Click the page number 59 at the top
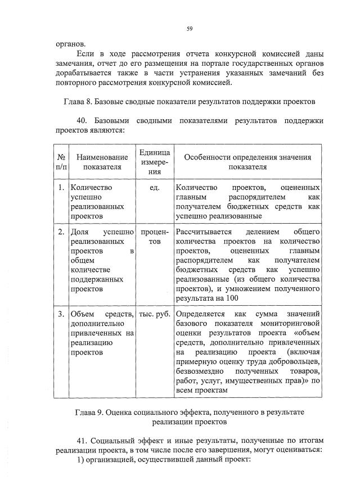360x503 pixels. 190,28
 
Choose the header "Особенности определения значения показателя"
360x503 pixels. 247,162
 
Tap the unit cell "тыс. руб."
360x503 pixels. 154,313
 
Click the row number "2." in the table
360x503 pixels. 61,232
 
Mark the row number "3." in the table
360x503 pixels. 61,313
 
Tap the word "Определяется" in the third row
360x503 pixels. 200,313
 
